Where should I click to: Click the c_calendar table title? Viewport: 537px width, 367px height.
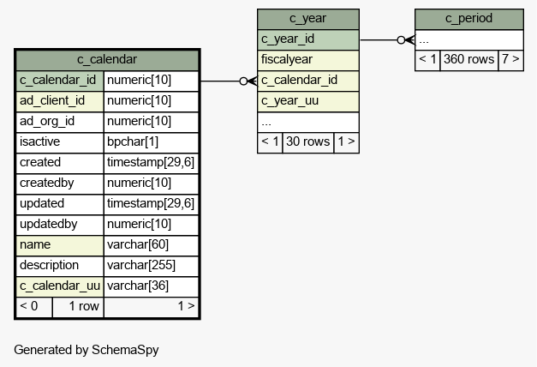[107, 59]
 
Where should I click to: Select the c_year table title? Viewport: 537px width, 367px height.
[307, 18]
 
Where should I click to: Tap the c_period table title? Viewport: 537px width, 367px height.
[468, 18]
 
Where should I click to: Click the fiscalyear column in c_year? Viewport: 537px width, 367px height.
[307, 60]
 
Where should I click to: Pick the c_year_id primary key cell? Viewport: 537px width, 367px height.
[307, 39]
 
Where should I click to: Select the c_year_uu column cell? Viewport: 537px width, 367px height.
[307, 101]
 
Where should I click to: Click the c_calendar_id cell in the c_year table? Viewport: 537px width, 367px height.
[307, 81]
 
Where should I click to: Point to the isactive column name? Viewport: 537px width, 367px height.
[39, 141]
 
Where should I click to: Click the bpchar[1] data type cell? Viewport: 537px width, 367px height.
[151, 142]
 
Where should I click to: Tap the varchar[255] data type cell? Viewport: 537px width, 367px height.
[151, 266]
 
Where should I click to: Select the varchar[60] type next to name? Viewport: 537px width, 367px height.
[151, 245]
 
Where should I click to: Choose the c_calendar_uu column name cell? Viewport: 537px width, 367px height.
[60, 286]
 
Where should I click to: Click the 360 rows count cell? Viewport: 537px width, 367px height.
[468, 60]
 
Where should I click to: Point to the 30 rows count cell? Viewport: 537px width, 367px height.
[307, 142]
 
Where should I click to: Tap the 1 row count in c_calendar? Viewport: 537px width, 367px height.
[84, 306]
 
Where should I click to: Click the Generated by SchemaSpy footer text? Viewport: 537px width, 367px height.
[87, 350]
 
